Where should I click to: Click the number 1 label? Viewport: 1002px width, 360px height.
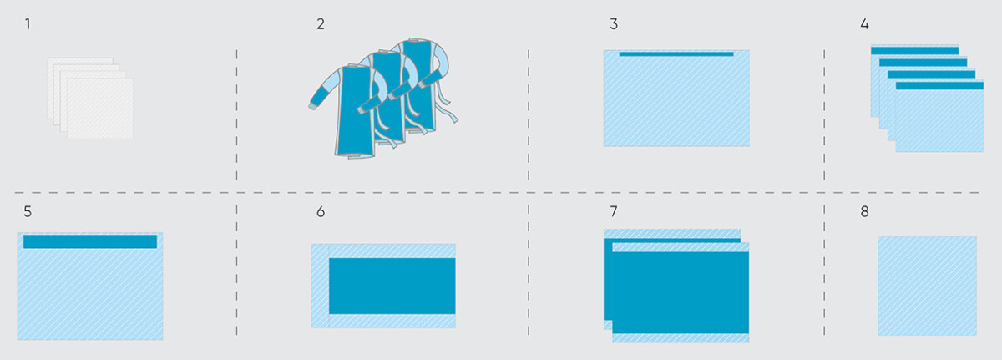coord(28,23)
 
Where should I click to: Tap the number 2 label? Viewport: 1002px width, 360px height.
coord(321,23)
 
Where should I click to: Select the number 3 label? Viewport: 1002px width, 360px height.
coord(614,23)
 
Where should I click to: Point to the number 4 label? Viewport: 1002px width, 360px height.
coord(864,23)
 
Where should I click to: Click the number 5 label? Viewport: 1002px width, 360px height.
coord(28,211)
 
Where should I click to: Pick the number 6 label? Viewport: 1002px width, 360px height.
coord(321,211)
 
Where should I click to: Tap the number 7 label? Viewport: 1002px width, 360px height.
coord(614,211)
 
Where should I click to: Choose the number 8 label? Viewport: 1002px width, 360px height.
coord(864,211)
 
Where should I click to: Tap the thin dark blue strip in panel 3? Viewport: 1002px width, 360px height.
coord(676,54)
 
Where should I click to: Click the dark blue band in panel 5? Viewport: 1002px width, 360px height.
coord(90,241)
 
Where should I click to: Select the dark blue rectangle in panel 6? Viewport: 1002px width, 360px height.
coord(392,286)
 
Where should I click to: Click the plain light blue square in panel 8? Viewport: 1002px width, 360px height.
coord(927,286)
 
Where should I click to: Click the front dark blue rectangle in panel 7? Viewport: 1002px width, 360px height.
coord(681,292)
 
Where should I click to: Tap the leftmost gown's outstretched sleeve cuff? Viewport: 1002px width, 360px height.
coord(316,104)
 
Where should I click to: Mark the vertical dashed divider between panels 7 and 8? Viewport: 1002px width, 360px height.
coord(824,267)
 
